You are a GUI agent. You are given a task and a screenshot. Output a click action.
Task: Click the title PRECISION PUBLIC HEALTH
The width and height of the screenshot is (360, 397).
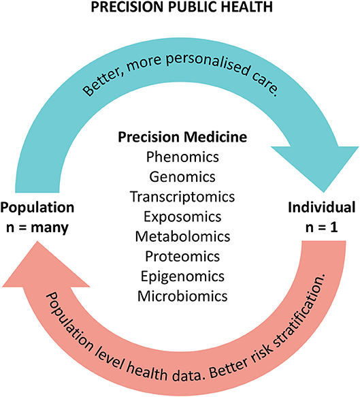coord(182,7)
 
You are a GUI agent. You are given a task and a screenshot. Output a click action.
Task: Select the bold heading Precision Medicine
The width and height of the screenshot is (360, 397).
coord(182,137)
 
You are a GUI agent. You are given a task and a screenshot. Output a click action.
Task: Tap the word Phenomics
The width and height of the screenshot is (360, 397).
coord(182,157)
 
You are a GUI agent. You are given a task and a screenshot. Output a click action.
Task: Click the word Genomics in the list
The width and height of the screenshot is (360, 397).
coord(182,177)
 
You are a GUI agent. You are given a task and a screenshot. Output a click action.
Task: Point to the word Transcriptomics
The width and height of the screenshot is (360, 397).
coord(182,197)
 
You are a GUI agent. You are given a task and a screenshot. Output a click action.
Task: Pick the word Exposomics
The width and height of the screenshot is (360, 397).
coord(182,217)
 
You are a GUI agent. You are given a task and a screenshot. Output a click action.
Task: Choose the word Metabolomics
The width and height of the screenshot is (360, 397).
coord(182,236)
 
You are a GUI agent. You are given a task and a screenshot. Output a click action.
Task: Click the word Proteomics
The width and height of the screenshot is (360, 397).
coord(182,256)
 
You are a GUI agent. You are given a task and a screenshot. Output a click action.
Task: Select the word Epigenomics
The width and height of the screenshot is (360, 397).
coord(182,276)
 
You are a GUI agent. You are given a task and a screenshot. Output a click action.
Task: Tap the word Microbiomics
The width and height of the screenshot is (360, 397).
coord(182,296)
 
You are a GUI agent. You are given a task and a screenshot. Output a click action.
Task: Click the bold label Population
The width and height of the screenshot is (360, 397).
coord(37,208)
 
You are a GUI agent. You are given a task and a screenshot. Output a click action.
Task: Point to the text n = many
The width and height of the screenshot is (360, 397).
coord(37,227)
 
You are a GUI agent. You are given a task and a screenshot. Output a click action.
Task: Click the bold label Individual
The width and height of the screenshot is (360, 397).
coord(321,208)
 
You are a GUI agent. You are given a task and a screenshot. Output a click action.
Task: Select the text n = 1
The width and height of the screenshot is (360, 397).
coord(321,227)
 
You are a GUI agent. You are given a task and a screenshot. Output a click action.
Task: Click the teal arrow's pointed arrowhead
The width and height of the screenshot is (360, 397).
coord(323,191)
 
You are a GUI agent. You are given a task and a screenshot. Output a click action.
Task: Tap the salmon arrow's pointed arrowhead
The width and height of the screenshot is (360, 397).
coord(37,242)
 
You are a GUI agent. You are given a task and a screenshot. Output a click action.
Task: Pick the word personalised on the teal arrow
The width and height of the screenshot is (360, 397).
coord(208,64)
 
